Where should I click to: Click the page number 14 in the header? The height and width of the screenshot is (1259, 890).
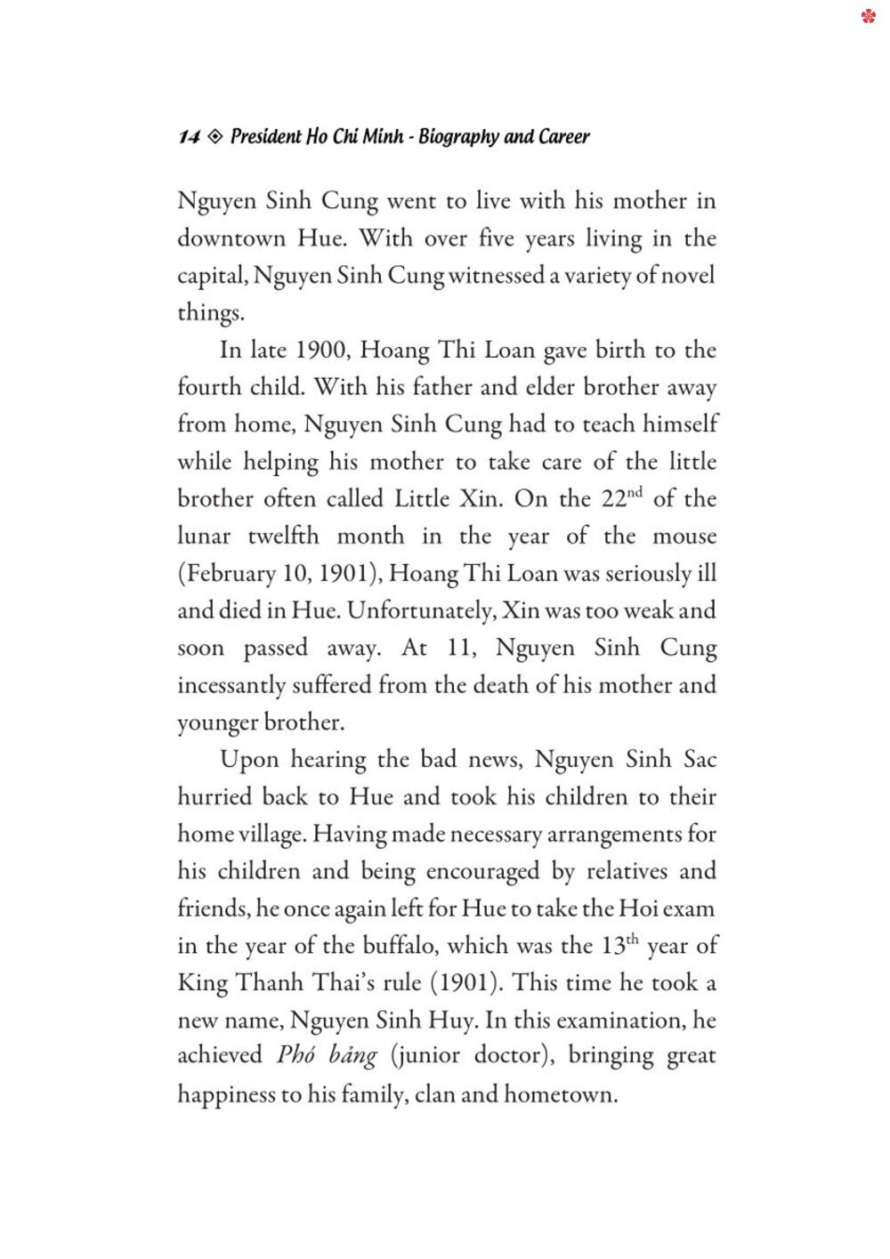pyautogui.click(x=189, y=137)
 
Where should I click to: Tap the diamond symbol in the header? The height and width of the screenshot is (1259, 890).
pyautogui.click(x=214, y=137)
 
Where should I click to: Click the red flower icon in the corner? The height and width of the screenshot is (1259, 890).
pyautogui.click(x=869, y=16)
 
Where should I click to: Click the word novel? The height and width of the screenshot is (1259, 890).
pyautogui.click(x=685, y=276)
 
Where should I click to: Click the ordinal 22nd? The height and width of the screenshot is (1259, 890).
pyautogui.click(x=620, y=498)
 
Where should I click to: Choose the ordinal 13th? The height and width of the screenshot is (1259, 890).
pyautogui.click(x=619, y=946)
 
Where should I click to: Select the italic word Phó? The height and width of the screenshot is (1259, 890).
pyautogui.click(x=296, y=1056)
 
